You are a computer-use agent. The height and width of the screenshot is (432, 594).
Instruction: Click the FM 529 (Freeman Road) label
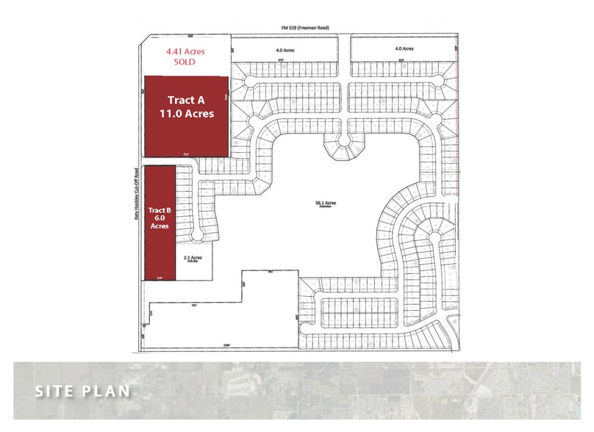coord(304,27)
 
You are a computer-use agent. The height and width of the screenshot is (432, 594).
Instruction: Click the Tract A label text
coord(185,100)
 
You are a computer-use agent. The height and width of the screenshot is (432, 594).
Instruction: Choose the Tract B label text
coord(160,209)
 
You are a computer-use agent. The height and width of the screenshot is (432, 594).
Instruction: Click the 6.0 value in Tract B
coord(160,218)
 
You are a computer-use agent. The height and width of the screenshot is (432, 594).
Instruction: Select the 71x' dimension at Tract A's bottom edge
coord(185,154)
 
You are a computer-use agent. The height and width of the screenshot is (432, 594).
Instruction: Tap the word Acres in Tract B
coord(160,227)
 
